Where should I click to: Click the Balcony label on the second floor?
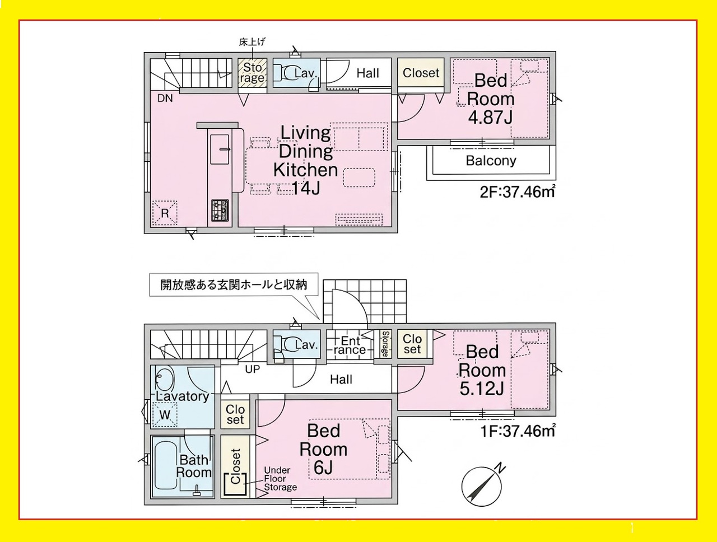click(x=491, y=161)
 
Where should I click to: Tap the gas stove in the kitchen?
click(x=220, y=211)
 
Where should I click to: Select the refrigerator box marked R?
click(x=165, y=213)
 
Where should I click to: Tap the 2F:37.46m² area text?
click(x=518, y=191)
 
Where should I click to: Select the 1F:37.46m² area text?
click(x=518, y=431)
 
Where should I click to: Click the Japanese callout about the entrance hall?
click(x=234, y=284)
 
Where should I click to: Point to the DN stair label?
click(x=165, y=99)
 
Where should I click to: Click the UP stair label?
click(x=253, y=370)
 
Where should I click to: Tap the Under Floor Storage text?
click(x=280, y=479)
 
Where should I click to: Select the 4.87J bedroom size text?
click(x=490, y=118)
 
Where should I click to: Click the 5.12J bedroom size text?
click(x=482, y=389)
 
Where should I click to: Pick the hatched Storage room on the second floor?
click(x=252, y=72)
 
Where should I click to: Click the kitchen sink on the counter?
click(x=220, y=149)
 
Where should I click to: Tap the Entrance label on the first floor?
click(x=350, y=345)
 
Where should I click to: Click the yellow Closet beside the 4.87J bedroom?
click(x=421, y=73)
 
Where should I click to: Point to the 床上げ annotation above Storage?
click(x=252, y=42)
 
